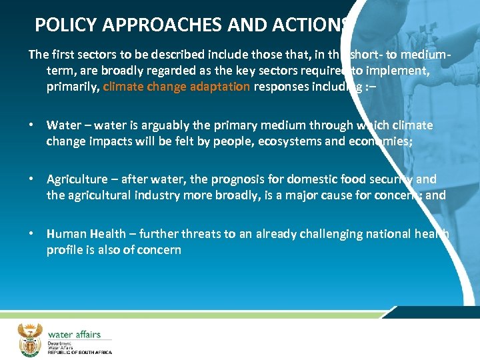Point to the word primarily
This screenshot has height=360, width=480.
73,86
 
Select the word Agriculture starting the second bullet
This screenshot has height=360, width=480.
77,179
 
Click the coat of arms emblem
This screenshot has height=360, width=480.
29,339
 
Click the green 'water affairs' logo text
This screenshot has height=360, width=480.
73,333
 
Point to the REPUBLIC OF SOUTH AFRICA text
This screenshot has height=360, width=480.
79,351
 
